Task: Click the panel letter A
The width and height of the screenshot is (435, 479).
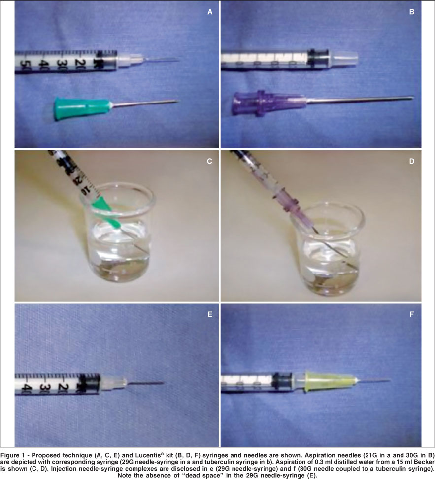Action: (x=210, y=12)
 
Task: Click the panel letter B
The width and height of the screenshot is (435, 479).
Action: (x=411, y=12)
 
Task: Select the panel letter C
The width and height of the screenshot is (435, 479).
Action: (x=209, y=161)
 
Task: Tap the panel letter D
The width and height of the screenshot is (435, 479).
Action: (x=412, y=161)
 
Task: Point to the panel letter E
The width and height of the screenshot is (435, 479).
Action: (x=210, y=314)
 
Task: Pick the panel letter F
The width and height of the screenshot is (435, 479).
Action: (x=412, y=314)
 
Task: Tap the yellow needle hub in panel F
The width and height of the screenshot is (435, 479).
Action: (x=329, y=381)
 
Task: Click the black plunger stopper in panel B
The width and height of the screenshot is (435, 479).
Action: (x=318, y=57)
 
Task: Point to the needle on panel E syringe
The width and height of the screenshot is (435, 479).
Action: (x=145, y=383)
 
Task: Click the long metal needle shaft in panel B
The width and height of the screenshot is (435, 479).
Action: (x=360, y=99)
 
